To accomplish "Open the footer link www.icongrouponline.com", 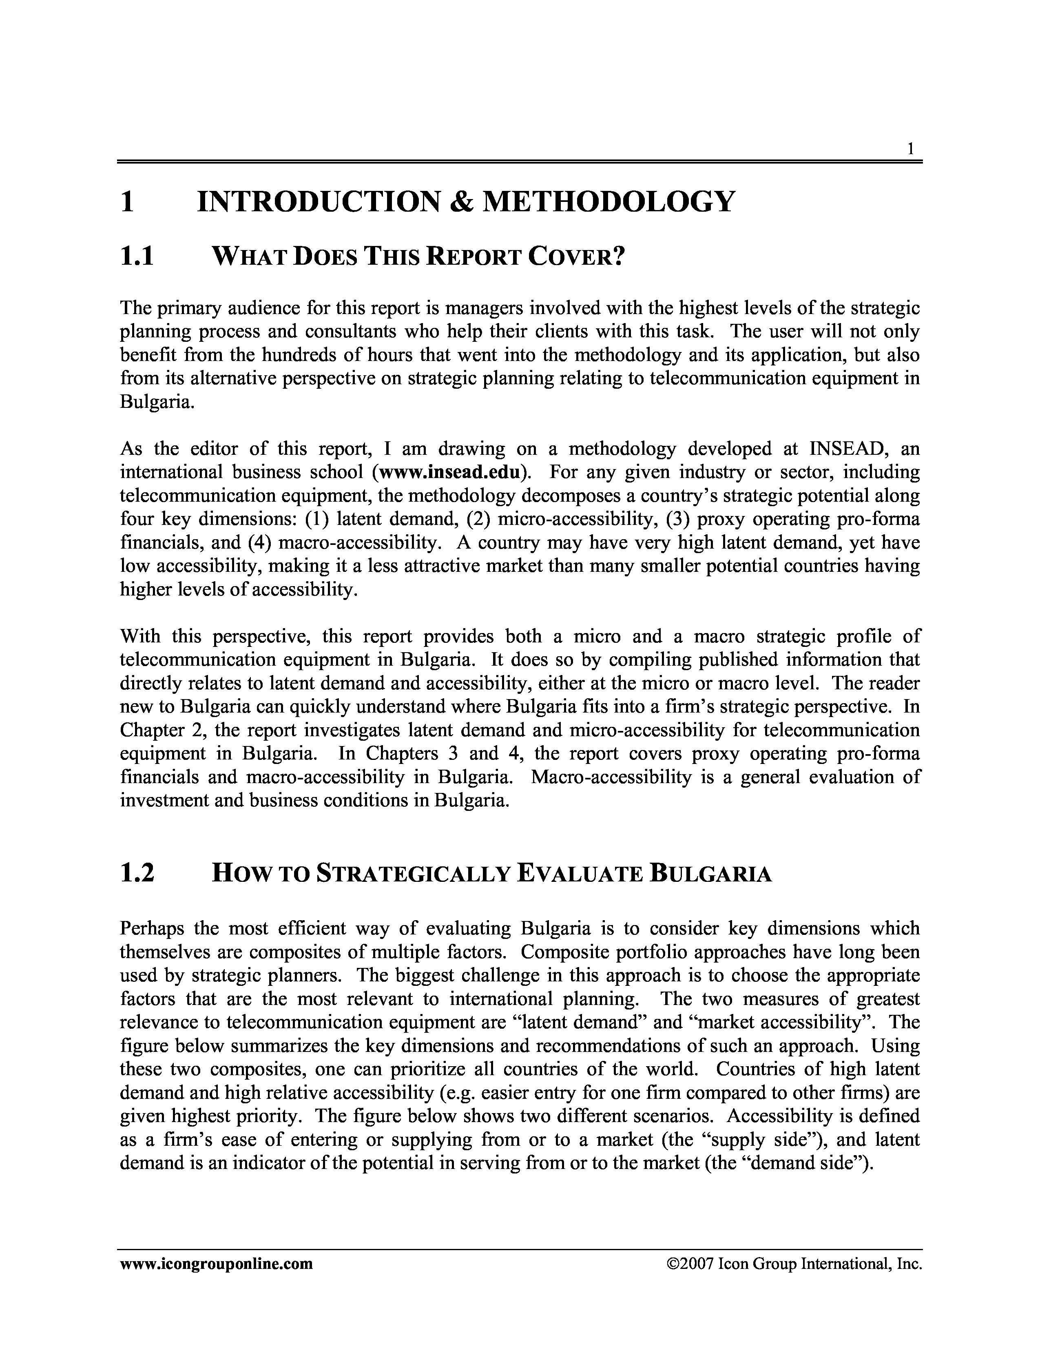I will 216,1264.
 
